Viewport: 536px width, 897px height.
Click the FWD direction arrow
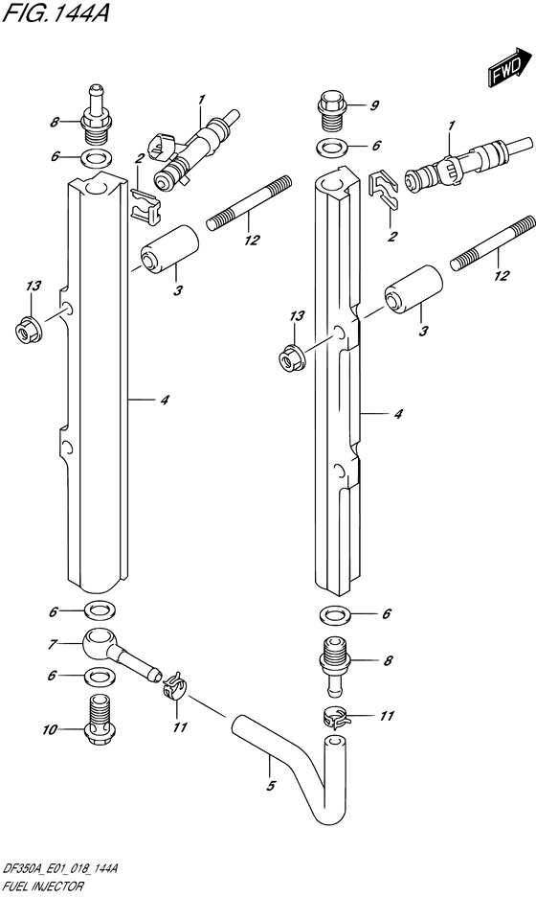(508, 67)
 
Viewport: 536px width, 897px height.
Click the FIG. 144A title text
(55, 13)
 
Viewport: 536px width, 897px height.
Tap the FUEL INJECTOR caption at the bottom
(43, 886)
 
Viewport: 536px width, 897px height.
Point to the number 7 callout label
(52, 645)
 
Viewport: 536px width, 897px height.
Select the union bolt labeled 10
(99, 721)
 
